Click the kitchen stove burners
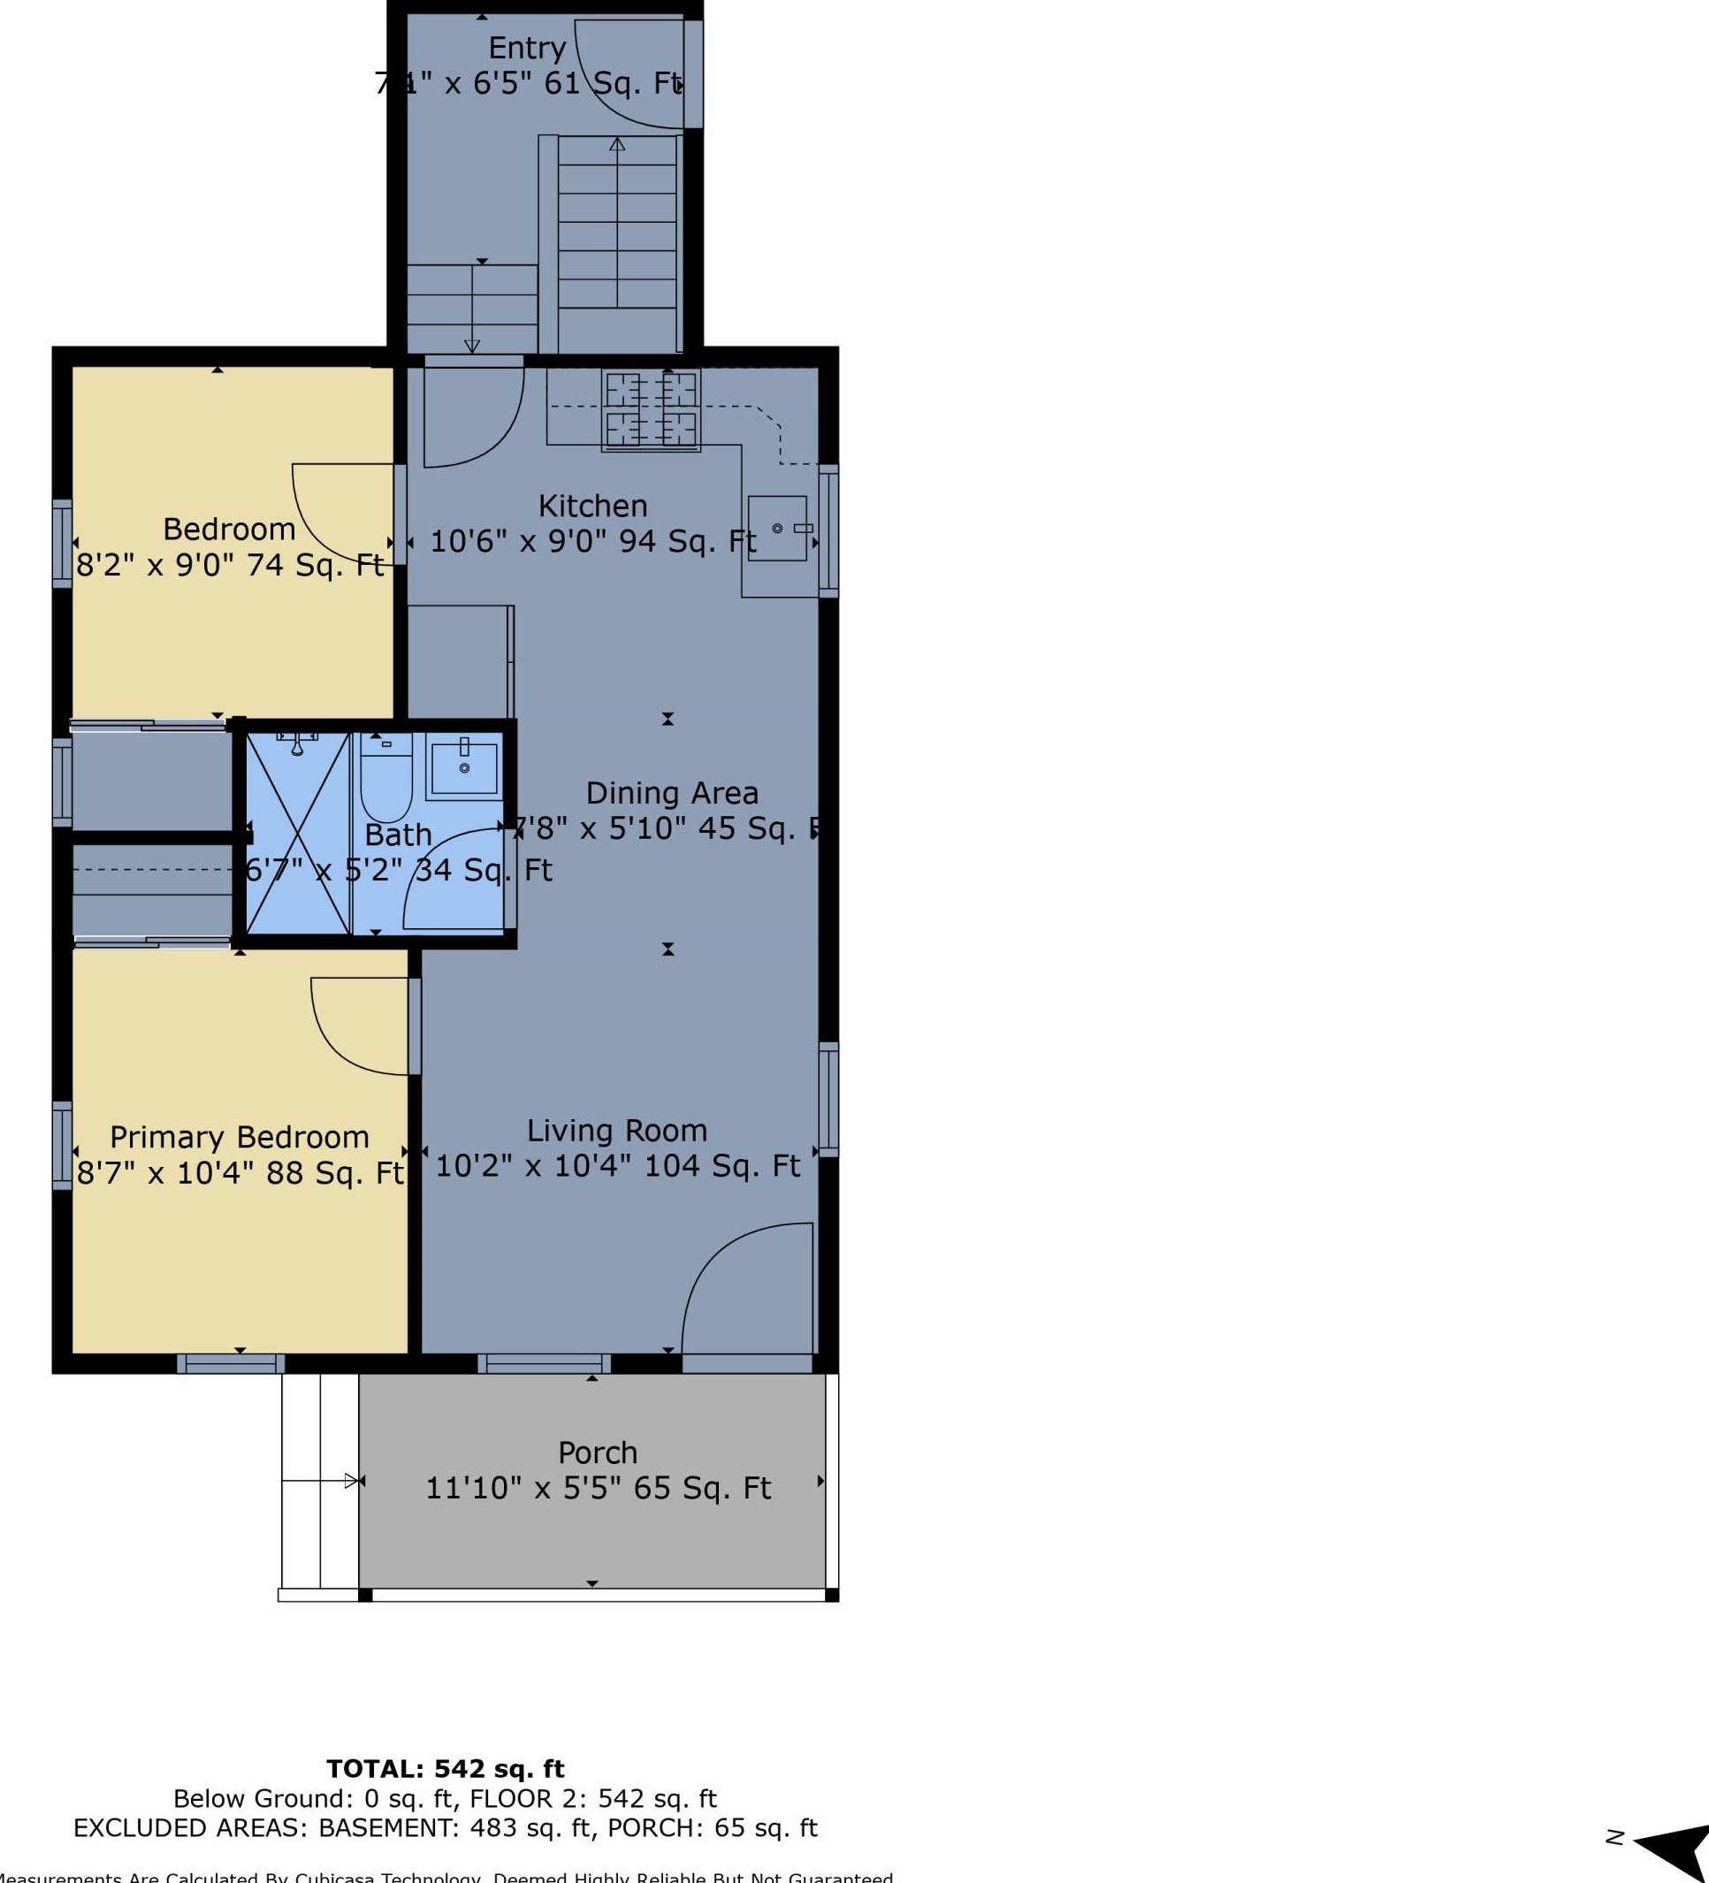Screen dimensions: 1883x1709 pos(651,411)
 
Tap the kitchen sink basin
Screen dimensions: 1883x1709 pos(777,529)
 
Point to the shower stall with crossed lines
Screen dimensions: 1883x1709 pos(297,834)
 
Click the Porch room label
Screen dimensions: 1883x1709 pos(598,1452)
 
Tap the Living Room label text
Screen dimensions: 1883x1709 pos(616,1130)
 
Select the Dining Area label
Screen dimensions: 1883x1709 pos(671,793)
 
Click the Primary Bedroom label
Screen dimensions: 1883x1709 pos(239,1137)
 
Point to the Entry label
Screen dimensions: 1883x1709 pos(527,48)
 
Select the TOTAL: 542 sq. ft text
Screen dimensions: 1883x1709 pos(446,1769)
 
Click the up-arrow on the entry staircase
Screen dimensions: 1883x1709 pos(617,145)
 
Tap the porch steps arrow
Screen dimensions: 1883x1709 pos(351,1481)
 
